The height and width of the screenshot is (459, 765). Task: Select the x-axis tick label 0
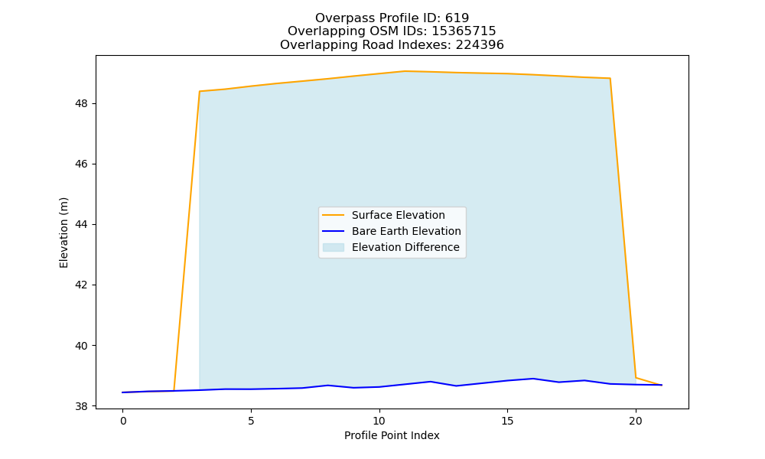tap(123, 421)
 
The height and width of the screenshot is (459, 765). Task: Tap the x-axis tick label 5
tap(251, 421)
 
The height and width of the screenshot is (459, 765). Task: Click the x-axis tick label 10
tap(379, 421)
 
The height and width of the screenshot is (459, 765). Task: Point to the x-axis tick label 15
tap(507, 421)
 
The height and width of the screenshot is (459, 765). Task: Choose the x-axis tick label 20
tap(636, 421)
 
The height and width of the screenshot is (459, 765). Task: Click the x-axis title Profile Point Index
tap(392, 435)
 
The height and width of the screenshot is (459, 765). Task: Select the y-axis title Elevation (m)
tap(64, 233)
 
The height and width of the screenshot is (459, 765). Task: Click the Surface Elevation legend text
tap(398, 215)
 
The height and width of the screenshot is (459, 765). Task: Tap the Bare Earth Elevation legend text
tap(406, 231)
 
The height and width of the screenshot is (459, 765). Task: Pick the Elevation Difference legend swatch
tap(334, 247)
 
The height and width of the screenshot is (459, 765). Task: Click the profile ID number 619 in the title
tap(457, 18)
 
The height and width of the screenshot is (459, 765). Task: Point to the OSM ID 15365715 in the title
tap(464, 31)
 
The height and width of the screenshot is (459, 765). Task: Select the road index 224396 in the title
tap(480, 45)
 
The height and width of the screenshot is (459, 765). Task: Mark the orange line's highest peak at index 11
tap(405, 71)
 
